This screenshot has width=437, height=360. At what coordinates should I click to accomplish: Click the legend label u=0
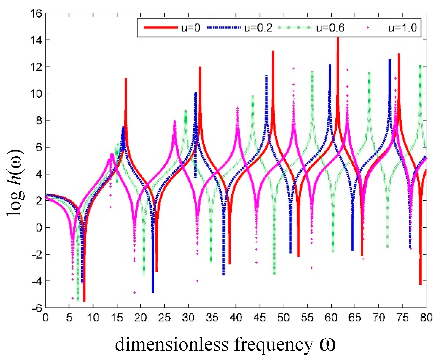190,28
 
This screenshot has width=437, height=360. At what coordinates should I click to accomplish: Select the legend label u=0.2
258,28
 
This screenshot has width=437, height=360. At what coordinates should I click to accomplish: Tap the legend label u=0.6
330,28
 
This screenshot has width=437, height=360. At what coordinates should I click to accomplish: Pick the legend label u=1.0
402,28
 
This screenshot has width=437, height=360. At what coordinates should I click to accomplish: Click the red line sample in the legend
160,28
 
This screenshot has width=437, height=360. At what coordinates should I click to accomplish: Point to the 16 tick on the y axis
36,13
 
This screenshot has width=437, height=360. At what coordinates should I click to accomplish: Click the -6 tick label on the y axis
37,308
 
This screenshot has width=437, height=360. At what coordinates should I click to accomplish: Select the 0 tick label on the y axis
39,228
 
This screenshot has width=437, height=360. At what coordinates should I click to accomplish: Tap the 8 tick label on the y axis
39,120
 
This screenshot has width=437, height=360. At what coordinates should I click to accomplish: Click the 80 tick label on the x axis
426,318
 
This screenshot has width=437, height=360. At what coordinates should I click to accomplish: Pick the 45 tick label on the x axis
259,318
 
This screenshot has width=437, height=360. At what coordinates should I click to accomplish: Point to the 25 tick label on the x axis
164,318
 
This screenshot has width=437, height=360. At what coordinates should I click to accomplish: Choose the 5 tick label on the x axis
69,318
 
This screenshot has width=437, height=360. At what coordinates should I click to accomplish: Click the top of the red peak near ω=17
126,79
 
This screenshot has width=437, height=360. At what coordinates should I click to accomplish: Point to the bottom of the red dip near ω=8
84,301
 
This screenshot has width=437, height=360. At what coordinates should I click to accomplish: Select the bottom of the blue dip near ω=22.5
153,292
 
